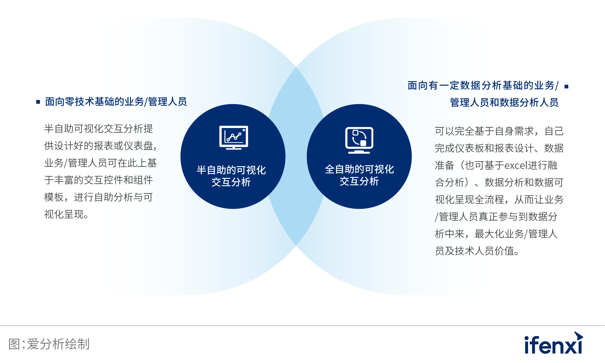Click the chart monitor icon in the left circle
click(x=234, y=137)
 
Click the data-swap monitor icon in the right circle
click(x=359, y=140)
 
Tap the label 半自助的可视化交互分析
click(x=231, y=176)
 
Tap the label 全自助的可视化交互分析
click(x=359, y=175)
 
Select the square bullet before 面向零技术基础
click(x=38, y=102)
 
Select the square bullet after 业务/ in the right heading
click(x=566, y=87)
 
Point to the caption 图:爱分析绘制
click(x=49, y=344)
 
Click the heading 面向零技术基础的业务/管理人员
click(x=116, y=102)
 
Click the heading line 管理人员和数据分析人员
click(x=504, y=102)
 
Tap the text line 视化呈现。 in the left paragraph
click(x=66, y=215)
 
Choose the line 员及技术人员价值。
click(x=477, y=251)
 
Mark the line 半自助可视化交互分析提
click(x=99, y=129)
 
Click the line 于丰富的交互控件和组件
click(x=99, y=180)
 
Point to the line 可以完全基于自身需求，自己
click(x=499, y=131)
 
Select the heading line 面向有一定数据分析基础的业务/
click(x=483, y=86)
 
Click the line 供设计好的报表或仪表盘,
click(x=100, y=146)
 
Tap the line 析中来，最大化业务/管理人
click(x=496, y=234)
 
